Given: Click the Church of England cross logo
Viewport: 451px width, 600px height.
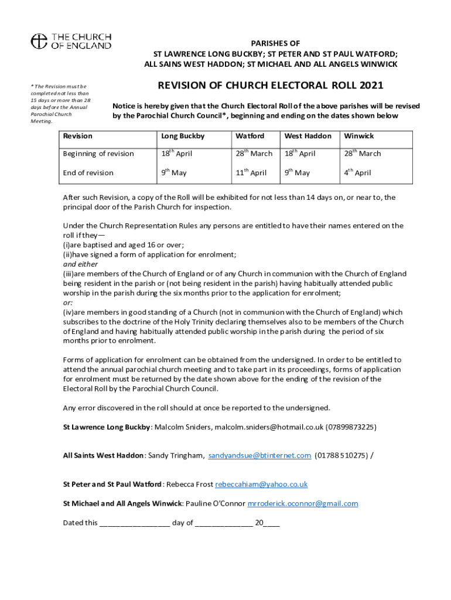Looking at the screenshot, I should [x=39, y=41].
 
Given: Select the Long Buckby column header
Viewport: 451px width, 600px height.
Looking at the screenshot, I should [x=183, y=136].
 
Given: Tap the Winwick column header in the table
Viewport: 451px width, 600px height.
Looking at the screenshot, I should [x=359, y=136].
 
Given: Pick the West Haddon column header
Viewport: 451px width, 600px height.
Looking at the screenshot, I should [x=307, y=136].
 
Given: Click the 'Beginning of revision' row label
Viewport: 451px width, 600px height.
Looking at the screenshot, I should [x=98, y=154].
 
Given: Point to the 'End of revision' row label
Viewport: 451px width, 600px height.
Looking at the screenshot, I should [x=88, y=173].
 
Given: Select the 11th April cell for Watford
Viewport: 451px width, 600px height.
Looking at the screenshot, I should [x=251, y=173].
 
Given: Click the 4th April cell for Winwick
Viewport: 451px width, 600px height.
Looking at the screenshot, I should [x=357, y=173].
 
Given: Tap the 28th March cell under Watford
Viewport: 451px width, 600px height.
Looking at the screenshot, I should [x=254, y=154].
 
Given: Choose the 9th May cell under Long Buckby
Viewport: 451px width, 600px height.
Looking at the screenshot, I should [x=174, y=173].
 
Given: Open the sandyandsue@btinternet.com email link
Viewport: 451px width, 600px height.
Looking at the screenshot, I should [x=259, y=455].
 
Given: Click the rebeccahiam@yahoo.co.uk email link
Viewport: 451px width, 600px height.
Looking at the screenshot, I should [x=261, y=485].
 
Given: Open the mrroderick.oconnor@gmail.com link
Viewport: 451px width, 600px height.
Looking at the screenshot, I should [x=303, y=503].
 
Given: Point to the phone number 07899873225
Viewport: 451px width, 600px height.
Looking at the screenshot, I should [x=351, y=427].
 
